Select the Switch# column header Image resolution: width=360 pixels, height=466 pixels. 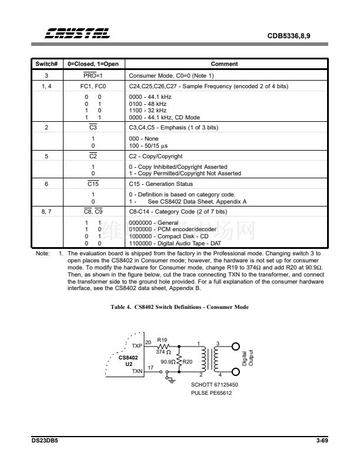coord(46,64)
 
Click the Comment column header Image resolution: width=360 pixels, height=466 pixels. coord(224,64)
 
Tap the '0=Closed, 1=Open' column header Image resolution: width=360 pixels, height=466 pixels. coord(93,64)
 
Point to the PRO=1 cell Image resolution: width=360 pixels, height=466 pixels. coord(93,76)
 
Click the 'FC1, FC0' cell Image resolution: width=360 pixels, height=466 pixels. coord(93,86)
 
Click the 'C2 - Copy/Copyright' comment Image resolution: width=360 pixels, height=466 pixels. coord(155,157)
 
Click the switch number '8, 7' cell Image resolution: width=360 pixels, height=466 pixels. coord(46,212)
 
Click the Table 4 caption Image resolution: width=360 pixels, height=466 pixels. coord(179,307)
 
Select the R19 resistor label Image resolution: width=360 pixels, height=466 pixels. coord(162,339)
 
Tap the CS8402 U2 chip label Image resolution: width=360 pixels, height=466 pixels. coord(128,360)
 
